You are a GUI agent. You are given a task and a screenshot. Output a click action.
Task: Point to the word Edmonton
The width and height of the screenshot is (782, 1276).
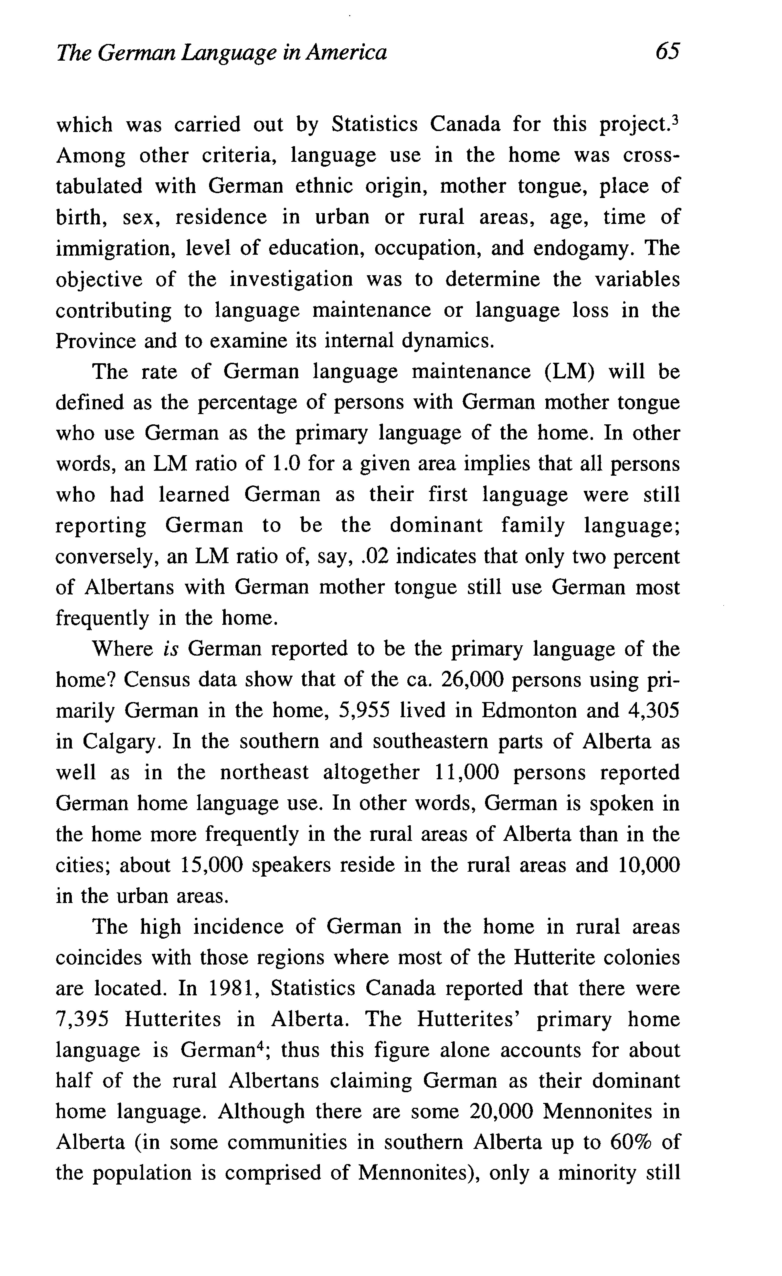[529, 711]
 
